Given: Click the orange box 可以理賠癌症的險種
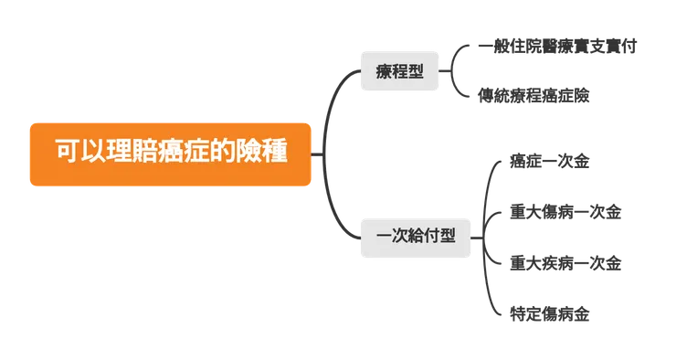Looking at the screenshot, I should [x=171, y=154].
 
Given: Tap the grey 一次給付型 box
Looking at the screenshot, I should [x=415, y=236].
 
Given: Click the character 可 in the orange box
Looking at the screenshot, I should [x=66, y=154].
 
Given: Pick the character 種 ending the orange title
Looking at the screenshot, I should [x=276, y=154].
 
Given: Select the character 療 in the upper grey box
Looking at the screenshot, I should [x=384, y=71].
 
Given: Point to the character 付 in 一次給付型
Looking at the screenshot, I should [x=431, y=236].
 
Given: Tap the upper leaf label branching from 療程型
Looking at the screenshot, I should [x=561, y=46].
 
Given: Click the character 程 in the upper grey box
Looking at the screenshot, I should [x=399, y=71].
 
